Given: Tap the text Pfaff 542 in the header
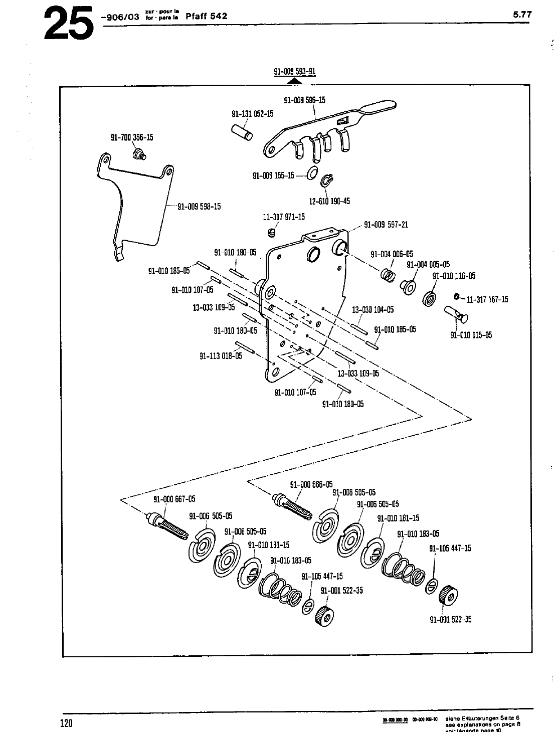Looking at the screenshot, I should tap(206, 16).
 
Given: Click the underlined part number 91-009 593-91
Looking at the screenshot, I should tap(294, 71).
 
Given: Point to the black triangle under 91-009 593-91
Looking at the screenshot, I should tap(295, 80).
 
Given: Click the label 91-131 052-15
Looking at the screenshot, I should tap(252, 114).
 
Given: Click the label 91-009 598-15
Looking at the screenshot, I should tap(199, 206).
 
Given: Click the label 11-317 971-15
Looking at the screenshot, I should tap(284, 217).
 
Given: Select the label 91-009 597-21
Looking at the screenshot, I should tap(386, 225).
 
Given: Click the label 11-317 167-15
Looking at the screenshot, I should tap(487, 299).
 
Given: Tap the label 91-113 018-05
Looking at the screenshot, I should tap(221, 356).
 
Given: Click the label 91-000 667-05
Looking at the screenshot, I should tap(174, 499).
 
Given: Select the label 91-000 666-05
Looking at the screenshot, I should tap(311, 484).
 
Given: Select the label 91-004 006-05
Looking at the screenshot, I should tap(392, 254).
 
